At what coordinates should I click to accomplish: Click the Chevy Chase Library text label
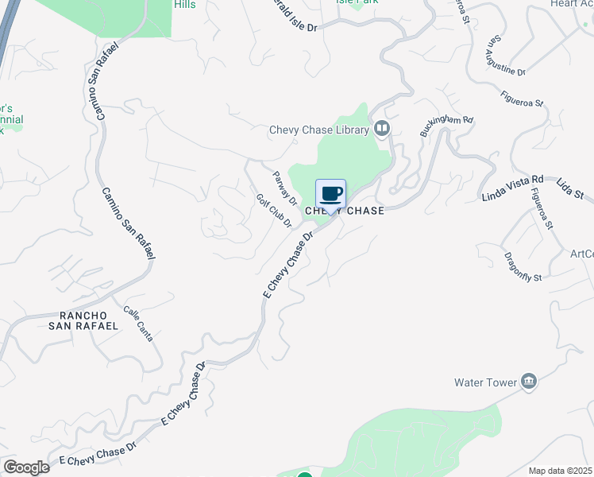coord(320,130)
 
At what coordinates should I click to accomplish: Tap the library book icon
coord(383,129)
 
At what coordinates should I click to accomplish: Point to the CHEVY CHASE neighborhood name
coord(345,211)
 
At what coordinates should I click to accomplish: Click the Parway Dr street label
coord(284,188)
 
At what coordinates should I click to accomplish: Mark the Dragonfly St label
coord(522,267)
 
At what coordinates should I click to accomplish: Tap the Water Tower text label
coord(485,382)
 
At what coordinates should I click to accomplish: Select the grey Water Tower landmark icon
coord(529,382)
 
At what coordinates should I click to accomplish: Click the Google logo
coord(26,467)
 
